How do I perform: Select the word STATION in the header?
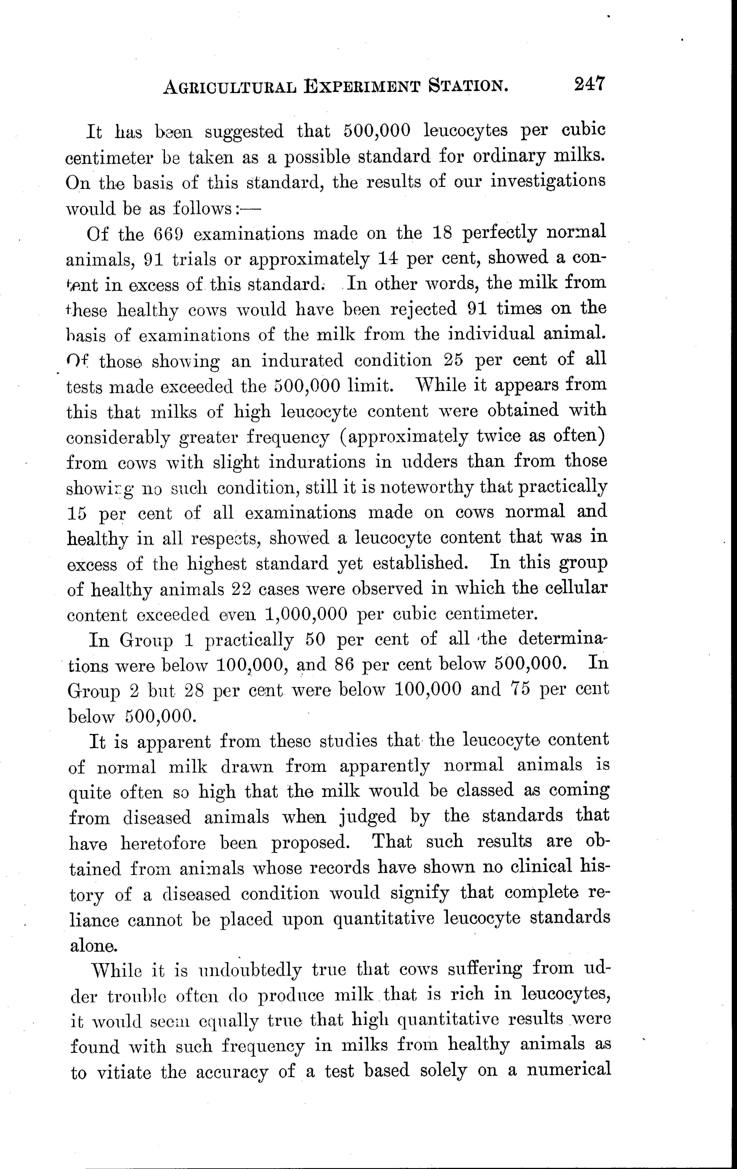pyautogui.click(x=469, y=86)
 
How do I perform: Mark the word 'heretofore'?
pyautogui.click(x=163, y=842)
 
